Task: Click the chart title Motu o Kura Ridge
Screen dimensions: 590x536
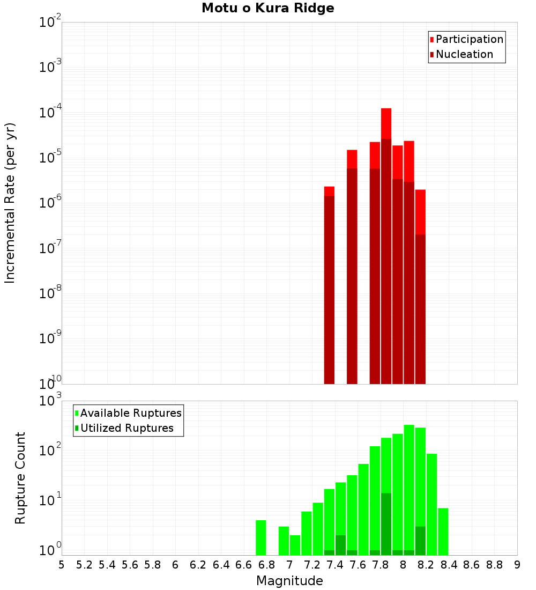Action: (267, 9)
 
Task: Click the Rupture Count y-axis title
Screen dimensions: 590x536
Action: (20, 478)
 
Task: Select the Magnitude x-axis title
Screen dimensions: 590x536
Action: (289, 581)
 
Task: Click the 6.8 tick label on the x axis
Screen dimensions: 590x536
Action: (266, 565)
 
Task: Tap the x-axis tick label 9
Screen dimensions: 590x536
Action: (517, 565)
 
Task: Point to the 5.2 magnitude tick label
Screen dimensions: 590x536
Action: (84, 565)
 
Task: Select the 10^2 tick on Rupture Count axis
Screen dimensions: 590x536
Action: (49, 451)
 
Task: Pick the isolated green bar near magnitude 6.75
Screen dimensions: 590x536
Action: (261, 537)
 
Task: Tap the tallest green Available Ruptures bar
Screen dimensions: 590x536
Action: (409, 488)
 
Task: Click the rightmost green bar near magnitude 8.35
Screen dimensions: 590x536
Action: (443, 531)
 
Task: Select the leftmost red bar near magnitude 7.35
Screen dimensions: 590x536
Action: (329, 284)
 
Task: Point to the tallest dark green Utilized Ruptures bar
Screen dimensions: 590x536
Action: (386, 523)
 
